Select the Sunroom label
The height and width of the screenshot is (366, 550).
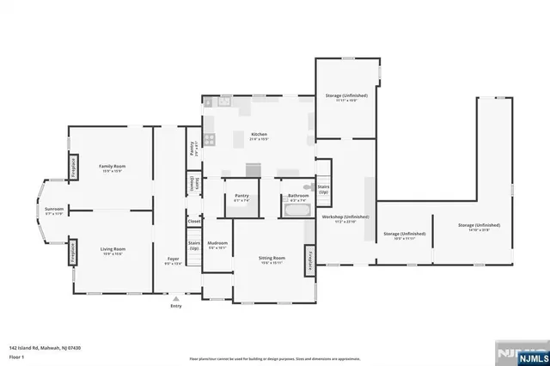point(54,209)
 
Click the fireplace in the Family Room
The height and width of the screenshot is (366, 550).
point(74,167)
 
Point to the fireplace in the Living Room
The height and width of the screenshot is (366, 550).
point(74,251)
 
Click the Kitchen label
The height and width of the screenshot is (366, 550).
point(260,135)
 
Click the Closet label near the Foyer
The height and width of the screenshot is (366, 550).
point(194,221)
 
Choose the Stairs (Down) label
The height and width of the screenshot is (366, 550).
point(194,183)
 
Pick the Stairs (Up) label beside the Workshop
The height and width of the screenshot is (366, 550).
point(323,189)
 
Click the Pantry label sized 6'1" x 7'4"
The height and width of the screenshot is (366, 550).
point(241,196)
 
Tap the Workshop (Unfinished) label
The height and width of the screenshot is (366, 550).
point(345,217)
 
